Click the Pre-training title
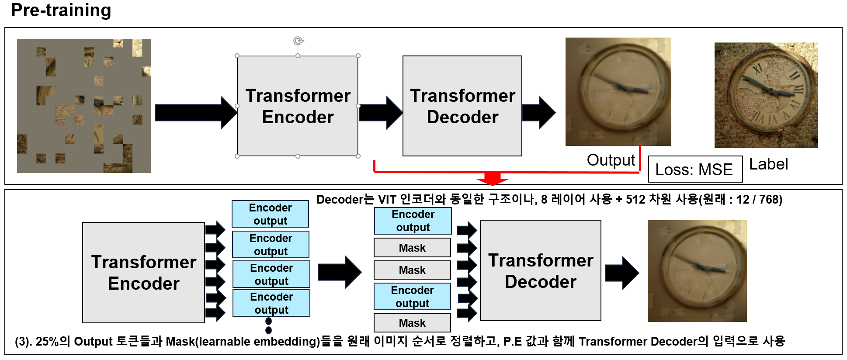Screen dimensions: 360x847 click(x=61, y=10)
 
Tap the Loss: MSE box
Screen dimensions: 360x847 click(x=695, y=169)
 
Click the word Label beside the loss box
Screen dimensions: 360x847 click(x=768, y=164)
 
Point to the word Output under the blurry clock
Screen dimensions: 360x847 click(x=611, y=160)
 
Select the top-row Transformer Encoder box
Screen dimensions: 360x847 click(x=298, y=106)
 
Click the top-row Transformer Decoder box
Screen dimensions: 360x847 click(x=462, y=106)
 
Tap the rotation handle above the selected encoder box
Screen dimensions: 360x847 click(x=298, y=41)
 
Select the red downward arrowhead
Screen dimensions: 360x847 click(x=493, y=179)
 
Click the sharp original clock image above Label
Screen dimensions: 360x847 click(x=766, y=95)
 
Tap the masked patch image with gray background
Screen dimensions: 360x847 click(x=84, y=106)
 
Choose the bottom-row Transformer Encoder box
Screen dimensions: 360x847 click(x=143, y=273)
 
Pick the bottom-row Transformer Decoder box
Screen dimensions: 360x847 click(x=540, y=271)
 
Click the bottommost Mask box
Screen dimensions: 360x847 click(x=412, y=323)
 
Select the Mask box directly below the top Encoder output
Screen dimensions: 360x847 click(x=412, y=248)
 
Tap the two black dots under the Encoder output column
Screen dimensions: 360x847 click(x=268, y=326)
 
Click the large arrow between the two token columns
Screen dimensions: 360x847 click(x=339, y=272)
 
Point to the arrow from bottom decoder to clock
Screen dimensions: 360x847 click(x=621, y=273)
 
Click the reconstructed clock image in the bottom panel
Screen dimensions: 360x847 click(x=697, y=271)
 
